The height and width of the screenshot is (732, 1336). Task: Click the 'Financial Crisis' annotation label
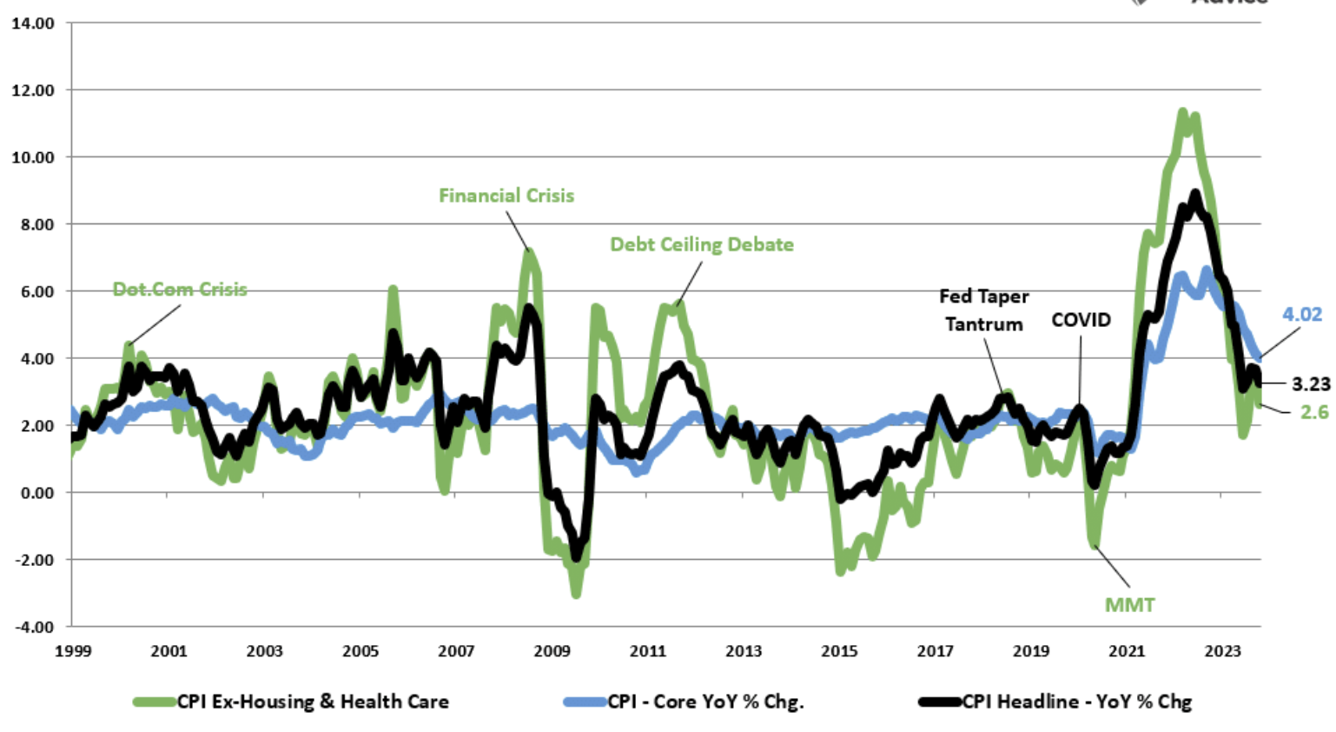[x=506, y=196]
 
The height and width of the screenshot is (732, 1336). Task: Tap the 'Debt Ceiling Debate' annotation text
[x=702, y=244]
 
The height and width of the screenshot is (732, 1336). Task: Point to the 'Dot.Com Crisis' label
[x=180, y=289]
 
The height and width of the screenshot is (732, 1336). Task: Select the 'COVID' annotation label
[x=1081, y=320]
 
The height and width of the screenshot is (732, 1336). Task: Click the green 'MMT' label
[x=1129, y=605]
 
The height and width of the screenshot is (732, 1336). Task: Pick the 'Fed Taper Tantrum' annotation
[x=984, y=310]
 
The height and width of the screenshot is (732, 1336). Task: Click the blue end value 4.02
[x=1301, y=315]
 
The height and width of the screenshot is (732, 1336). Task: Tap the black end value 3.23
[x=1311, y=384]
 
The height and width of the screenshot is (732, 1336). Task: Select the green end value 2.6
[x=1314, y=412]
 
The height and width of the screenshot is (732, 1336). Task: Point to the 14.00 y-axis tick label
[x=33, y=23]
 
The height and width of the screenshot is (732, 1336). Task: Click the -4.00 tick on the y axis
[x=33, y=627]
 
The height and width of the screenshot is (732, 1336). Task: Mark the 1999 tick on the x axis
[x=73, y=651]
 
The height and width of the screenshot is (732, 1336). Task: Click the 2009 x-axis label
[x=552, y=651]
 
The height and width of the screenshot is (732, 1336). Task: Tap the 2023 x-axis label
[x=1222, y=651]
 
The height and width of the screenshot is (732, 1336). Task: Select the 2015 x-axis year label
[x=839, y=651]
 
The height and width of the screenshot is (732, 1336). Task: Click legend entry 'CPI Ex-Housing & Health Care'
[x=313, y=702]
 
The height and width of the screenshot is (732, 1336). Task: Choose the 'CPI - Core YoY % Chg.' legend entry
[x=705, y=702]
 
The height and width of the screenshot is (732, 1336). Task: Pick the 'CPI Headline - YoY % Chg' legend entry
[x=1076, y=702]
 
